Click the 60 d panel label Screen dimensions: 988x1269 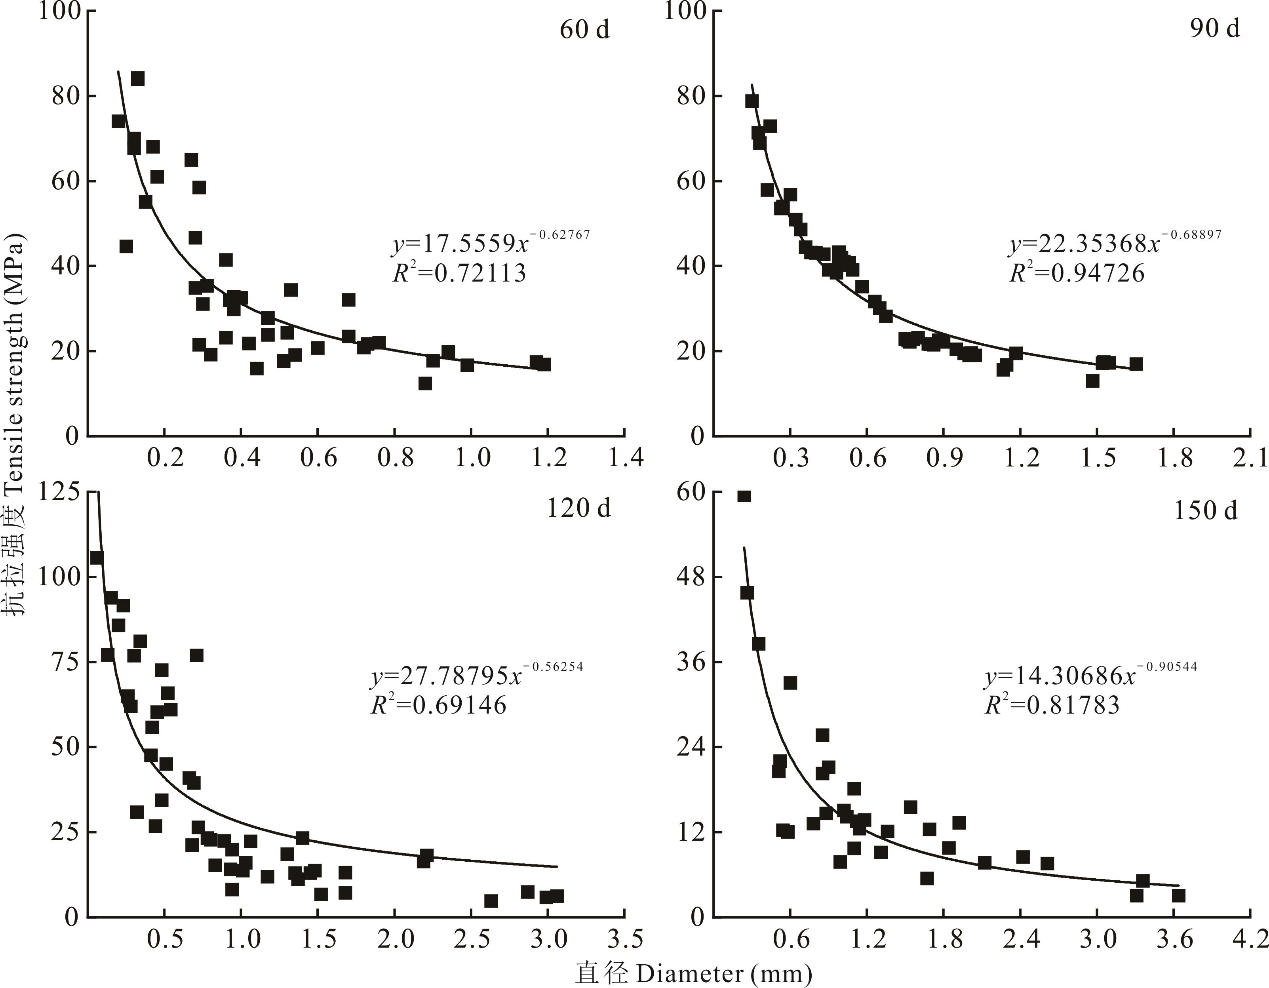click(584, 29)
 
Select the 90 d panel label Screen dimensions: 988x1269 click(1214, 27)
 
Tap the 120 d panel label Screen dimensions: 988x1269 click(579, 508)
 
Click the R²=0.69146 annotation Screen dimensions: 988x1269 click(439, 705)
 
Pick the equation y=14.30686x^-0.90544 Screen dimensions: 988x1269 click(1090, 675)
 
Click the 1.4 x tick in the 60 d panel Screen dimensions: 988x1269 click(625, 457)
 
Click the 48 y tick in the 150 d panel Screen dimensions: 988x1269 click(691, 577)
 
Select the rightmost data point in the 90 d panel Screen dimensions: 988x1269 click(1136, 364)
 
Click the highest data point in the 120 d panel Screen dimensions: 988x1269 click(97, 557)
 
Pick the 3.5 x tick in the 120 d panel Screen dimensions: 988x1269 click(625, 939)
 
